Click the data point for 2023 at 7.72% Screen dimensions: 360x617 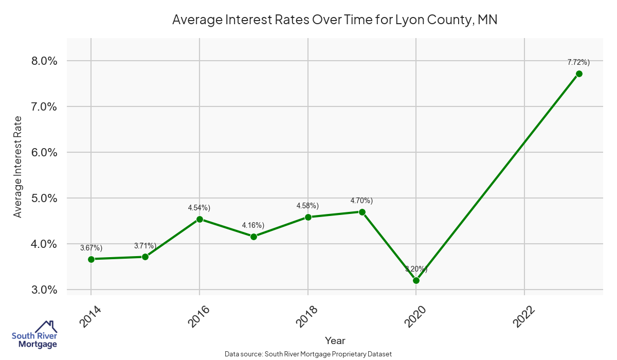tap(579, 74)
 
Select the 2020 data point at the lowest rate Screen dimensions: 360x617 tap(416, 280)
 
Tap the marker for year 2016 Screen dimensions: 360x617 tap(199, 219)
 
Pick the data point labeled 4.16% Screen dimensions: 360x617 tap(253, 237)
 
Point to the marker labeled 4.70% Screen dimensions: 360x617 tap(362, 212)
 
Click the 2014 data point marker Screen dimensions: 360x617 tap(91, 259)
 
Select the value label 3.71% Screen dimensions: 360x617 tap(145, 246)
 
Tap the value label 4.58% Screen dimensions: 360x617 tap(307, 206)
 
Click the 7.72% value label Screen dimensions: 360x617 tap(578, 62)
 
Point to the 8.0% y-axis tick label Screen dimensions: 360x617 tap(44, 61)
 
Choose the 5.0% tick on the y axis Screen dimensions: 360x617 tap(44, 199)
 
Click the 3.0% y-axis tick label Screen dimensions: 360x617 tap(44, 290)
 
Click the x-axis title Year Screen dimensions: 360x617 tap(335, 340)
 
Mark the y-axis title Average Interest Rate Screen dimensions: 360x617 tap(18, 167)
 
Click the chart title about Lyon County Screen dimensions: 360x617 tap(335, 20)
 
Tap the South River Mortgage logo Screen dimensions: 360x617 tap(34, 335)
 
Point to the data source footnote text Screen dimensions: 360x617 tap(308, 354)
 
